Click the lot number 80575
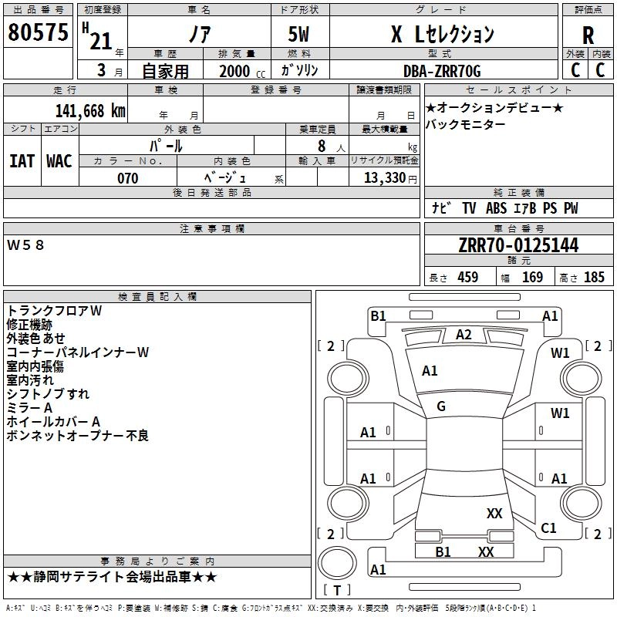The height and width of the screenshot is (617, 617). pyautogui.click(x=38, y=32)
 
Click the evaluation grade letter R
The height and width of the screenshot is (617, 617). pyautogui.click(x=588, y=35)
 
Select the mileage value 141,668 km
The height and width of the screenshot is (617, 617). pyautogui.click(x=90, y=111)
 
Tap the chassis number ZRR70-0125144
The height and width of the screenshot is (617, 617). pyautogui.click(x=518, y=245)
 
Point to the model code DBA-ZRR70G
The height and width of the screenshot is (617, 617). pyautogui.click(x=442, y=71)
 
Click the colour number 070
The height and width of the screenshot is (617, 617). pyautogui.click(x=128, y=178)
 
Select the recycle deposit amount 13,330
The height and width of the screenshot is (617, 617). pyautogui.click(x=384, y=177)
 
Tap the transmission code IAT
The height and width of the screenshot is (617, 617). pyautogui.click(x=22, y=161)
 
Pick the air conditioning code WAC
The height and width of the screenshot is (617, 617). pyautogui.click(x=59, y=161)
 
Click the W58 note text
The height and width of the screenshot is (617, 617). pyautogui.click(x=25, y=245)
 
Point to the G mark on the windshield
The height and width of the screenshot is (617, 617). pyautogui.click(x=441, y=406)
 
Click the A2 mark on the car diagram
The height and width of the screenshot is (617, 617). pyautogui.click(x=464, y=335)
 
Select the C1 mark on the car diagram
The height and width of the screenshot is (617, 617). pyautogui.click(x=548, y=528)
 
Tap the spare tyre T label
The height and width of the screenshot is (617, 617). pyautogui.click(x=337, y=590)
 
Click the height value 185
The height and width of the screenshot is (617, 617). pyautogui.click(x=594, y=277)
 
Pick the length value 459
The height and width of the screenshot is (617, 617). pyautogui.click(x=468, y=277)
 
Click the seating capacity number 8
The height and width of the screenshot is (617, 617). pyautogui.click(x=322, y=146)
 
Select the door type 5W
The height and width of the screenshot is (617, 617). pyautogui.click(x=298, y=34)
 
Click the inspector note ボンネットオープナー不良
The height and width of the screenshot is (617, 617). pyautogui.click(x=78, y=436)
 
